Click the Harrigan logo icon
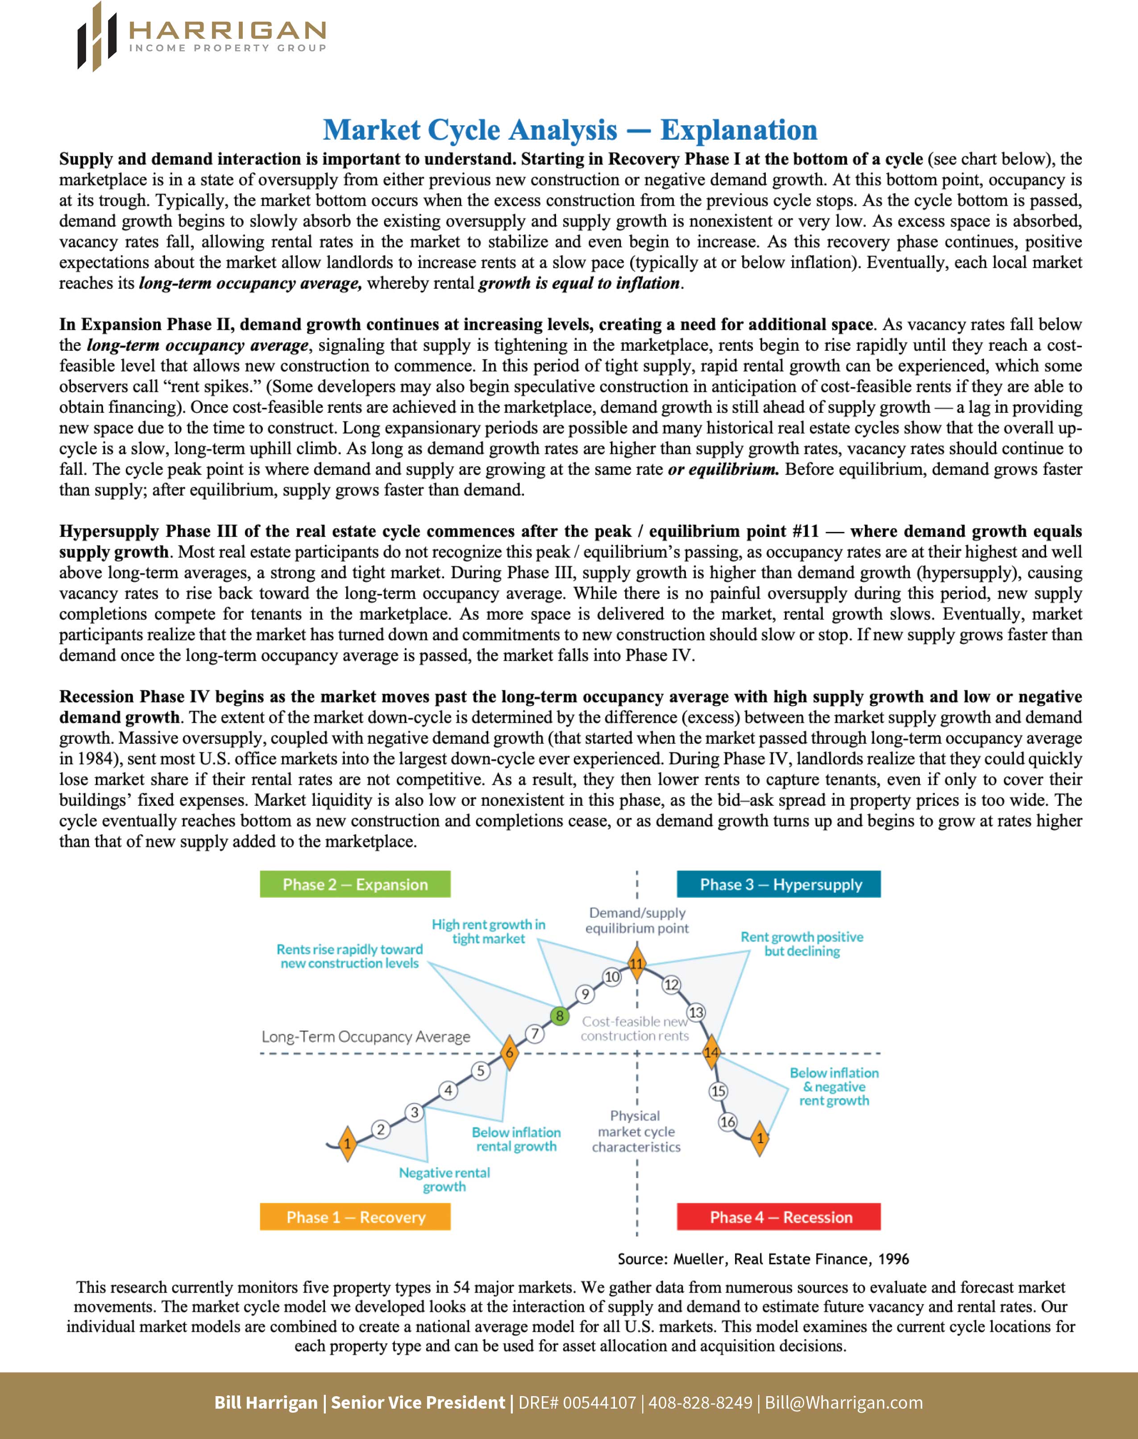coord(96,37)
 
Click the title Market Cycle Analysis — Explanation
coord(569,130)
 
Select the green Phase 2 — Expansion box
coord(355,884)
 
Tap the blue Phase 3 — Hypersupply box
coord(779,884)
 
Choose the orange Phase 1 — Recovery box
coord(355,1217)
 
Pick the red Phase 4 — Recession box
coord(779,1217)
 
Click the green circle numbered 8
coord(560,1015)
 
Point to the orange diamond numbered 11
coord(637,963)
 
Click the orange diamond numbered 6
coord(509,1053)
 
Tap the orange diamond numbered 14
coord(711,1053)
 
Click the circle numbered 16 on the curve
coord(727,1122)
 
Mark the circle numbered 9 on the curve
coord(585,994)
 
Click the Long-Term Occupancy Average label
coord(366,1037)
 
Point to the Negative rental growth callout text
coord(444,1179)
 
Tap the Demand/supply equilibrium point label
coord(637,920)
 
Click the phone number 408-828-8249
coord(700,1402)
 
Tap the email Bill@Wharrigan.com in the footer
coord(843,1402)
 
